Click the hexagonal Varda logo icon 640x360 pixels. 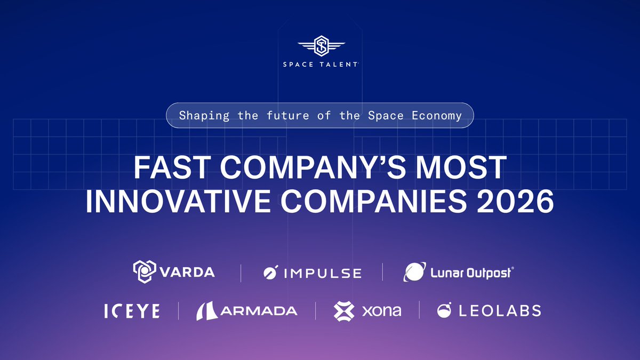144,271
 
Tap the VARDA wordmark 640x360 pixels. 187,272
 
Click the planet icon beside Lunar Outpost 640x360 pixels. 414,272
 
